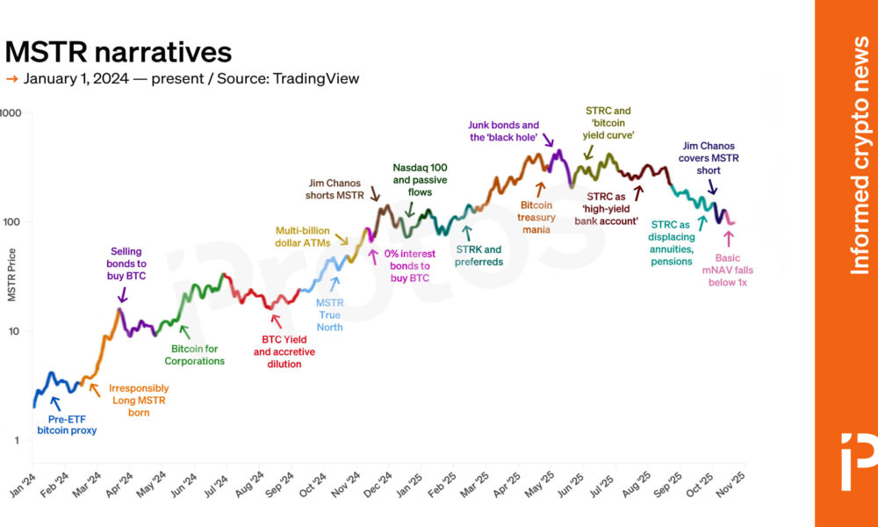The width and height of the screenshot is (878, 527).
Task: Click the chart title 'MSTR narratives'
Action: (119, 52)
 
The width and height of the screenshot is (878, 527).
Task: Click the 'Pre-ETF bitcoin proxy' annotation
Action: (68, 423)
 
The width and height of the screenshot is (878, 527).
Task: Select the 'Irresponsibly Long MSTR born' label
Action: (138, 400)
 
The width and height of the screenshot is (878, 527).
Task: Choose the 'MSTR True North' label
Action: (330, 314)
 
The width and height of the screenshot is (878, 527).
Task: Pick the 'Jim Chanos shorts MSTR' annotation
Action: (334, 189)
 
